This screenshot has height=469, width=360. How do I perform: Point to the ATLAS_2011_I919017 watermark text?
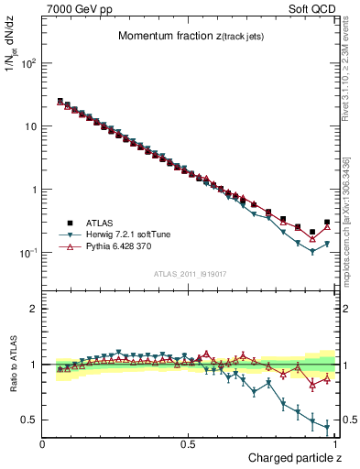coord(190,272)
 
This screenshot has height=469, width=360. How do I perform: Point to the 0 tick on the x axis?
coord(43,443)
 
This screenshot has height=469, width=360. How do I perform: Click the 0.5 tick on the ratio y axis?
coord(29,420)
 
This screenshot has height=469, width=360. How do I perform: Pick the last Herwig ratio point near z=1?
coord(327,426)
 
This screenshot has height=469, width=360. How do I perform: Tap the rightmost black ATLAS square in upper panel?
coord(327,222)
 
